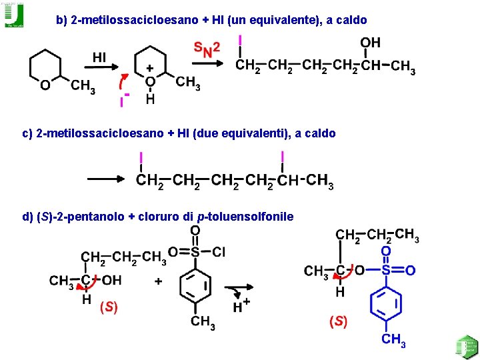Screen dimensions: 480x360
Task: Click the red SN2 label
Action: click(x=207, y=49)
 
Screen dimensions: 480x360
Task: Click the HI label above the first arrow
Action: click(x=99, y=57)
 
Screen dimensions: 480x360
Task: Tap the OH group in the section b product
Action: click(x=370, y=43)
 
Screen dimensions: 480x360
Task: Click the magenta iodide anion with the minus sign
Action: click(x=122, y=101)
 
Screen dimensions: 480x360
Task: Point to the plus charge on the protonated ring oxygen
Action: click(x=150, y=68)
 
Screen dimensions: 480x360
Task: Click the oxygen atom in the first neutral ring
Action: click(x=44, y=85)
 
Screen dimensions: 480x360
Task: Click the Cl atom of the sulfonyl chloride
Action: click(x=219, y=252)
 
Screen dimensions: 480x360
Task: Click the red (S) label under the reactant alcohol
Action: click(x=109, y=307)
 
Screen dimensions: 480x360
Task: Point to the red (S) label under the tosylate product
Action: click(x=338, y=321)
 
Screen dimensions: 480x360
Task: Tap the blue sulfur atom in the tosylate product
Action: click(x=385, y=270)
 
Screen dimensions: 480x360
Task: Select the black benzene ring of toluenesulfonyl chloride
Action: click(x=195, y=287)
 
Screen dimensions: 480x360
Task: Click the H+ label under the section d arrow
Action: click(x=241, y=306)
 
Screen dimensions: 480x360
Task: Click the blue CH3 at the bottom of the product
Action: click(x=393, y=340)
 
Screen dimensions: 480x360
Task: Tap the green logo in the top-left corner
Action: click(x=14, y=15)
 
